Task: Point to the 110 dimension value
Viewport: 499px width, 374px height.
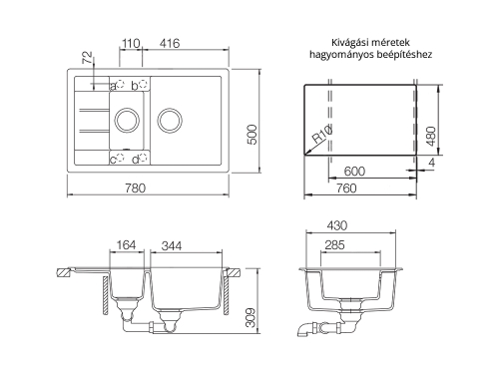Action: coord(130,45)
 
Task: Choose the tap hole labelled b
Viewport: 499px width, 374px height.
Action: coord(143,86)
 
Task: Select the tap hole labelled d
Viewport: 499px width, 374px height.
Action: coord(143,158)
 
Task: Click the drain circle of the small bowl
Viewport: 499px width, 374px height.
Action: coord(127,121)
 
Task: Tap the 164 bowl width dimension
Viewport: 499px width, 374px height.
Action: coord(127,243)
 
